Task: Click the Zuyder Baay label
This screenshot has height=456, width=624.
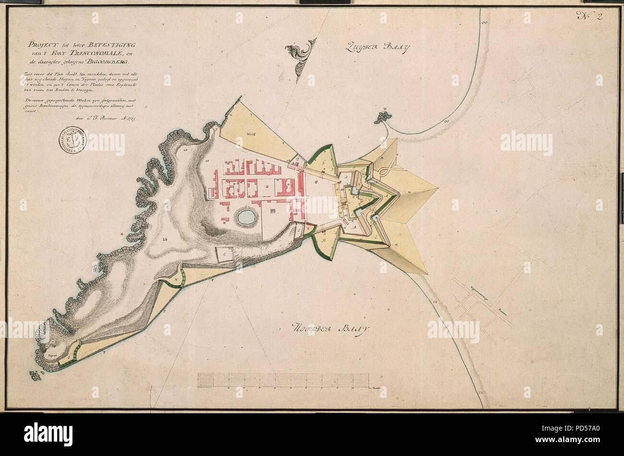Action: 377,48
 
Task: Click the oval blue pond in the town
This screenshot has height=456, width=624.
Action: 246,217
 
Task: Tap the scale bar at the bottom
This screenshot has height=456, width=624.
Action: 283,379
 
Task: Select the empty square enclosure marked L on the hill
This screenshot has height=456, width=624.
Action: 223,254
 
